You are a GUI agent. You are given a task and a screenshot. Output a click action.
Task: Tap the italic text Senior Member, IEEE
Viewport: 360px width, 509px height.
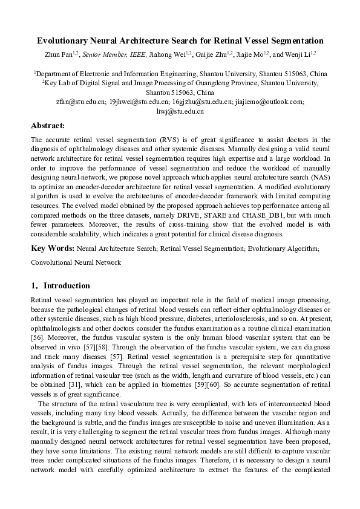point(111,54)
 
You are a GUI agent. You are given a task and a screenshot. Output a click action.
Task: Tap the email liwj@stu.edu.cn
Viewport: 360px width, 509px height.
point(180,111)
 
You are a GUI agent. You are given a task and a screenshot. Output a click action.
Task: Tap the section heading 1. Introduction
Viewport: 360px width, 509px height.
point(61,285)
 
